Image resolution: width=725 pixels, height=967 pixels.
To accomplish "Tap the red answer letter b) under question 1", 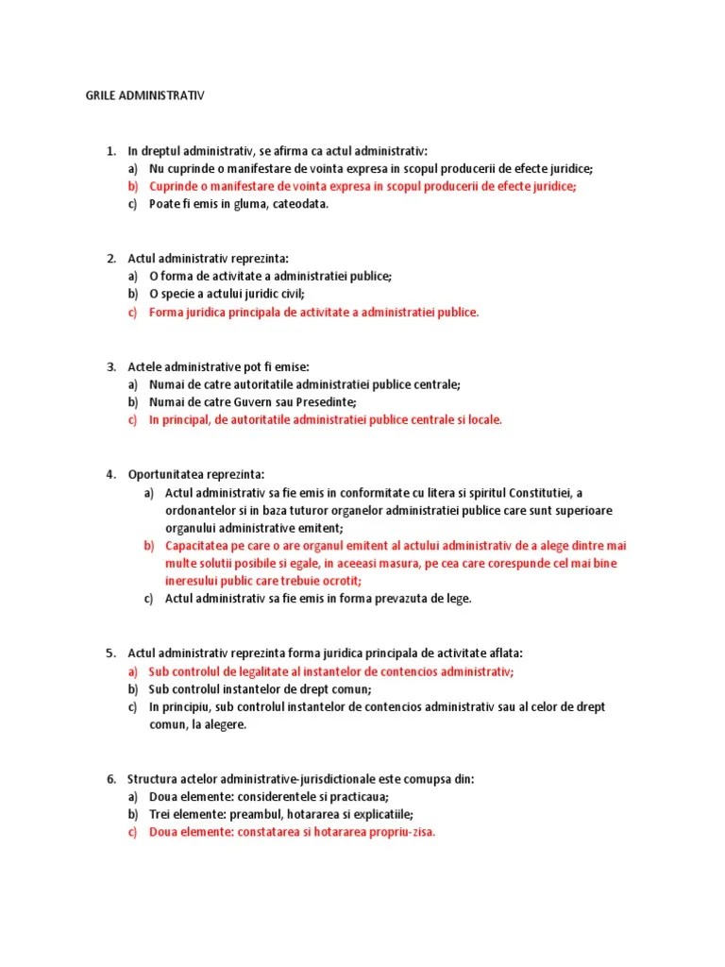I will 133,186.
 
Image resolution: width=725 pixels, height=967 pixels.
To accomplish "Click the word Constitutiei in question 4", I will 545,493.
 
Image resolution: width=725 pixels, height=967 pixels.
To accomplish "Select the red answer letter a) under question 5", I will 133,671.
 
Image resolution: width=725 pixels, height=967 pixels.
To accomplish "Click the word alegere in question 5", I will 224,724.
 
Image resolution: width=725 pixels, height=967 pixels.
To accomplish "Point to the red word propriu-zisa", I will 399,832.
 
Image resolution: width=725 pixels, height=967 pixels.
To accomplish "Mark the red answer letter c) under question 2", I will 133,312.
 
